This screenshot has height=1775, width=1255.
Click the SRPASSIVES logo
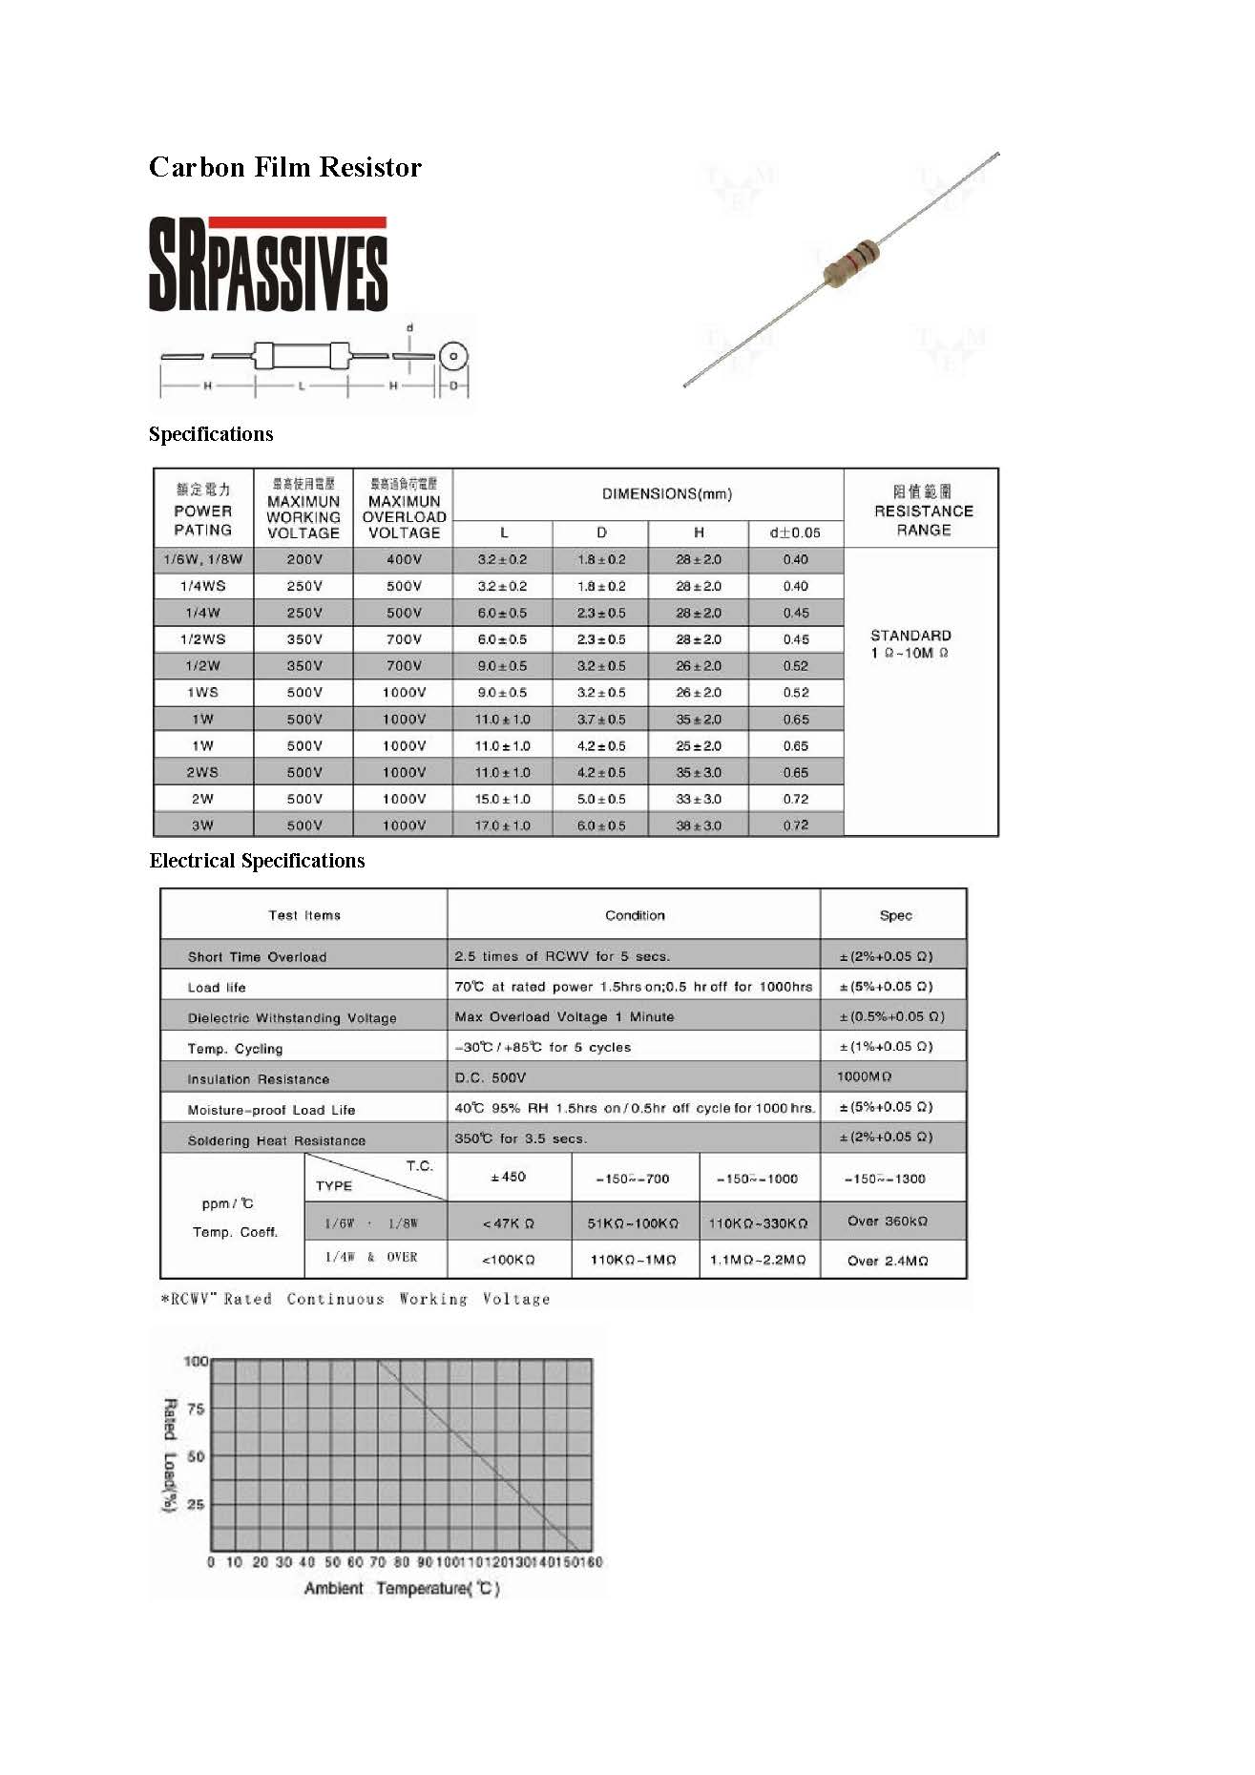coord(268,264)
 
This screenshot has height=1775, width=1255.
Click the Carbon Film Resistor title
coord(284,168)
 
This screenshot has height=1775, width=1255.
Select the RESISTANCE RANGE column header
coord(923,511)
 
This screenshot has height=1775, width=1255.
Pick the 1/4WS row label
coord(203,586)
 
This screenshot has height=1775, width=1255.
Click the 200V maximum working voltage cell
coord(304,559)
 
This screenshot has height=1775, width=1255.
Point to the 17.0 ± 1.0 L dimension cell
coord(503,825)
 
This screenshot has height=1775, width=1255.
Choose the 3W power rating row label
coord(203,825)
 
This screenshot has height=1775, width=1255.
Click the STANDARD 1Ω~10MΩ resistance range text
coord(910,644)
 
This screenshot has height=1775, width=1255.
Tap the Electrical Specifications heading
coord(257,861)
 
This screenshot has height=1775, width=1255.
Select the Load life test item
coord(217,988)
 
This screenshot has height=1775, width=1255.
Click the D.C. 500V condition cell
coord(491,1077)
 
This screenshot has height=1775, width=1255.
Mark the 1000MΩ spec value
coord(864,1076)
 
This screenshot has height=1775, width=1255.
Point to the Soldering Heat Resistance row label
coord(277,1141)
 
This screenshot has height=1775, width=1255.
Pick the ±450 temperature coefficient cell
coord(509,1178)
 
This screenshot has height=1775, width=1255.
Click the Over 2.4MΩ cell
coord(888,1261)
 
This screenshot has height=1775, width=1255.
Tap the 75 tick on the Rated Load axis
coord(196,1409)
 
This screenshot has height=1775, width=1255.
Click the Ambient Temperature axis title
coord(402,1588)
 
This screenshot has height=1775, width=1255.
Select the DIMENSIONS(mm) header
coord(667,494)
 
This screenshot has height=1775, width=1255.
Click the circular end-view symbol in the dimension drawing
coord(454,357)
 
